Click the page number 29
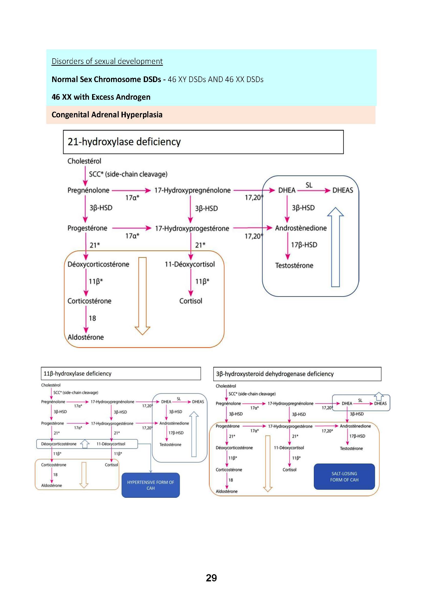click(x=211, y=578)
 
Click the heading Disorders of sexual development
click(x=107, y=61)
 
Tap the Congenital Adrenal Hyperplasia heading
click(x=107, y=115)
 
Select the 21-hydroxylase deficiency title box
click(x=203, y=142)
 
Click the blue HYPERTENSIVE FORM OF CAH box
click(x=151, y=485)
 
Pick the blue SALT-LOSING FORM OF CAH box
click(x=344, y=477)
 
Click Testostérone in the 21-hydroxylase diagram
click(x=294, y=266)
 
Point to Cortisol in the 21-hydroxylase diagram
click(x=191, y=301)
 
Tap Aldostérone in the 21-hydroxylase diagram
click(x=86, y=337)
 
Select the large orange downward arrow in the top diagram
click(x=142, y=296)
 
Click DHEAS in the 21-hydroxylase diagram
click(x=342, y=190)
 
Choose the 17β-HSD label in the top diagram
click(x=304, y=245)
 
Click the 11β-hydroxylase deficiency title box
click(x=121, y=374)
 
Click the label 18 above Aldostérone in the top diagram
click(x=92, y=318)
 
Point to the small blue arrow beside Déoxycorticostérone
click(x=85, y=444)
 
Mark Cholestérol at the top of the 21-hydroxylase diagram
click(x=84, y=161)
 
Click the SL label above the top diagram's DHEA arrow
click(x=309, y=185)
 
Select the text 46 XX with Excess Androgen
click(x=101, y=97)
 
